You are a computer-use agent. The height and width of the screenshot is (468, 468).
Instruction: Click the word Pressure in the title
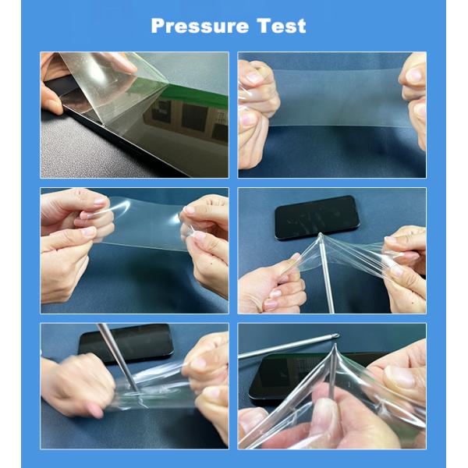coord(198,26)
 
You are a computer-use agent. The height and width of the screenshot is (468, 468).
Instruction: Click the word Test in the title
coord(279,26)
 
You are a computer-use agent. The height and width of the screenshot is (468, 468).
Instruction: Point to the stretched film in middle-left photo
coord(144,226)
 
